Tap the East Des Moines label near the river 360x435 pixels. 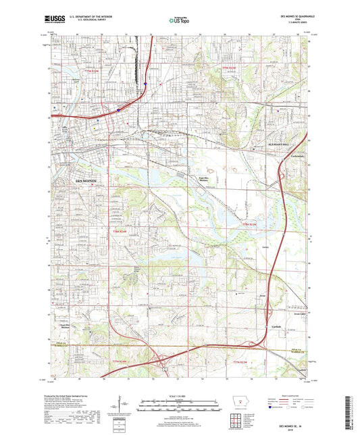pos(202,179)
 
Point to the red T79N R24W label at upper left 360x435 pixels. pos(91,70)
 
